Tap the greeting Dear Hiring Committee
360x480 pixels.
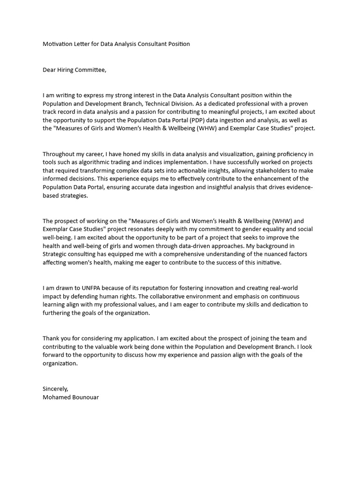click(x=75, y=70)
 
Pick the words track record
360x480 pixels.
click(x=60, y=112)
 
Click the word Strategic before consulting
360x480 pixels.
click(x=56, y=255)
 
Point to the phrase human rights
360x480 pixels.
click(x=116, y=296)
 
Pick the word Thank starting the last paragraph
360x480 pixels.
click(x=51, y=338)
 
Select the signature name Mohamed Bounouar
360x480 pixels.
click(x=71, y=397)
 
